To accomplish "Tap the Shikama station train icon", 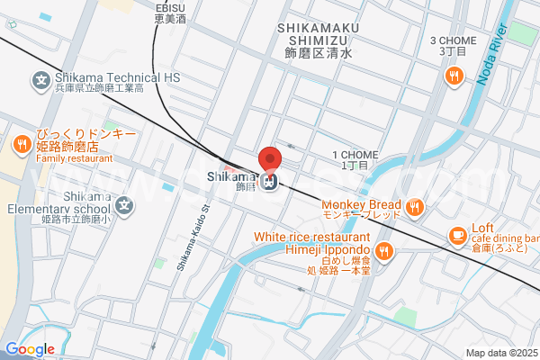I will point(268,182).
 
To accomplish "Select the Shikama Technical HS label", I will point(117,77).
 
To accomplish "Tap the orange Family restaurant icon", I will point(21,144).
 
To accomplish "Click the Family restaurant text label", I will point(75,158).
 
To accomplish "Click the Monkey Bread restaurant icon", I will point(414,208).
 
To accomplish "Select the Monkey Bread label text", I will point(363,204).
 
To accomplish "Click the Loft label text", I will point(483,229).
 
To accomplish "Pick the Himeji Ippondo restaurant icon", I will point(384,251).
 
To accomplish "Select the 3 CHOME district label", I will point(453,40).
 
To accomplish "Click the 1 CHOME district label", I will point(352,155).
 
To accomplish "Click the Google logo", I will point(30,348).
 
